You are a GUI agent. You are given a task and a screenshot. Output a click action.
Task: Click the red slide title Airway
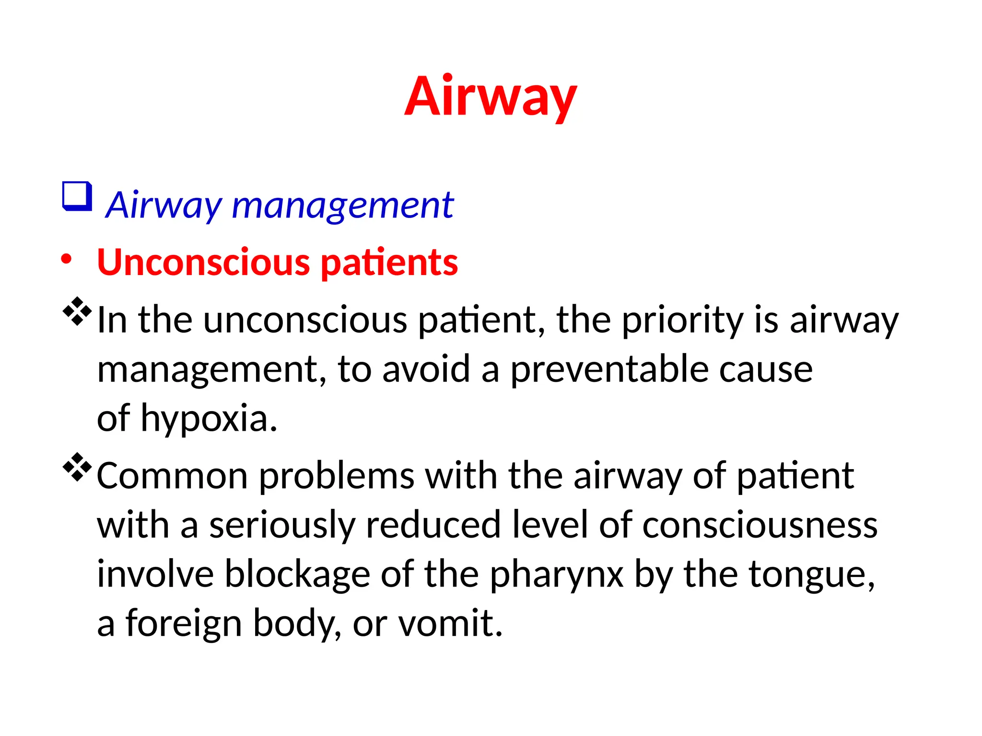(491, 97)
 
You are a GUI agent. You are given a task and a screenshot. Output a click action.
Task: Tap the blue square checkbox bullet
(77, 196)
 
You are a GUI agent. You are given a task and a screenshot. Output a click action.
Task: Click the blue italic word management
(342, 206)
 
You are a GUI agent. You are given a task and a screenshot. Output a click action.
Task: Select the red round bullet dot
(66, 259)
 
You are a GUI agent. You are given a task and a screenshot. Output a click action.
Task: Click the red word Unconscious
(204, 263)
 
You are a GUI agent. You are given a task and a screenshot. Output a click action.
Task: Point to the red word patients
(389, 264)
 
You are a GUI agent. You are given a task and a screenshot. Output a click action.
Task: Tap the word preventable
(608, 370)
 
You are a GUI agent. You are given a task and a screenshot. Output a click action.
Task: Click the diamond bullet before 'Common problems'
(77, 467)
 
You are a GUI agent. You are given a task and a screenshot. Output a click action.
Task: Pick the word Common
(172, 476)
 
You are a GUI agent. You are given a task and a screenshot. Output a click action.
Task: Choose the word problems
(337, 476)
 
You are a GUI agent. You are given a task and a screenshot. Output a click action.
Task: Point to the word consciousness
(760, 526)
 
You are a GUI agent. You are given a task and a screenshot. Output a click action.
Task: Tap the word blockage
(297, 575)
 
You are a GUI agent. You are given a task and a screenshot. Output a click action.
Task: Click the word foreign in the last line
(184, 624)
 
